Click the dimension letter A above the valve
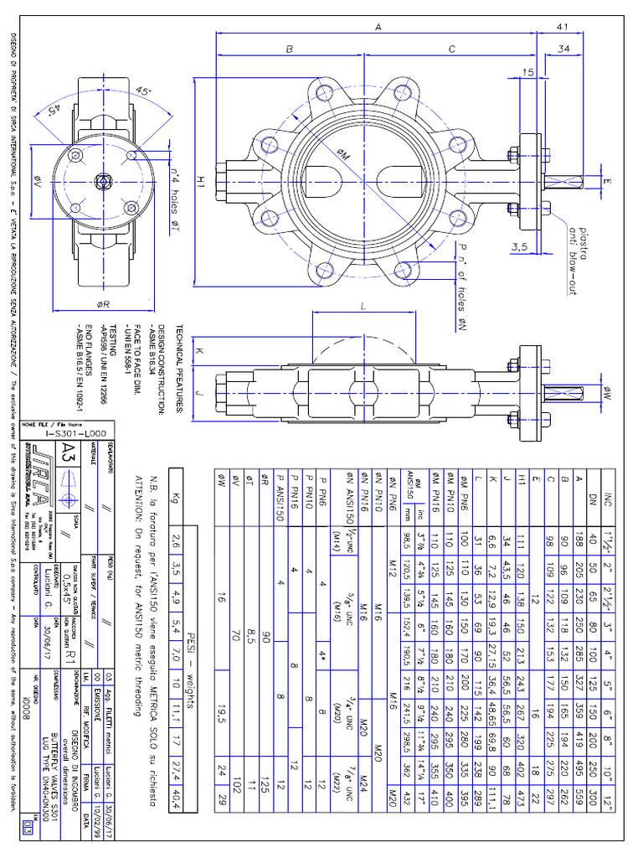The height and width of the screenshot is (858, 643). coord(378,28)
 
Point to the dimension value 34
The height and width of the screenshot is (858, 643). coord(564,50)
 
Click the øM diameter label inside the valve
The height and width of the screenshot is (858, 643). coord(345,152)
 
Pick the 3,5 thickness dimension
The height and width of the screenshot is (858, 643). coord(520,247)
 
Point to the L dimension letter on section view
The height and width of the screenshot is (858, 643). coord(364,308)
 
